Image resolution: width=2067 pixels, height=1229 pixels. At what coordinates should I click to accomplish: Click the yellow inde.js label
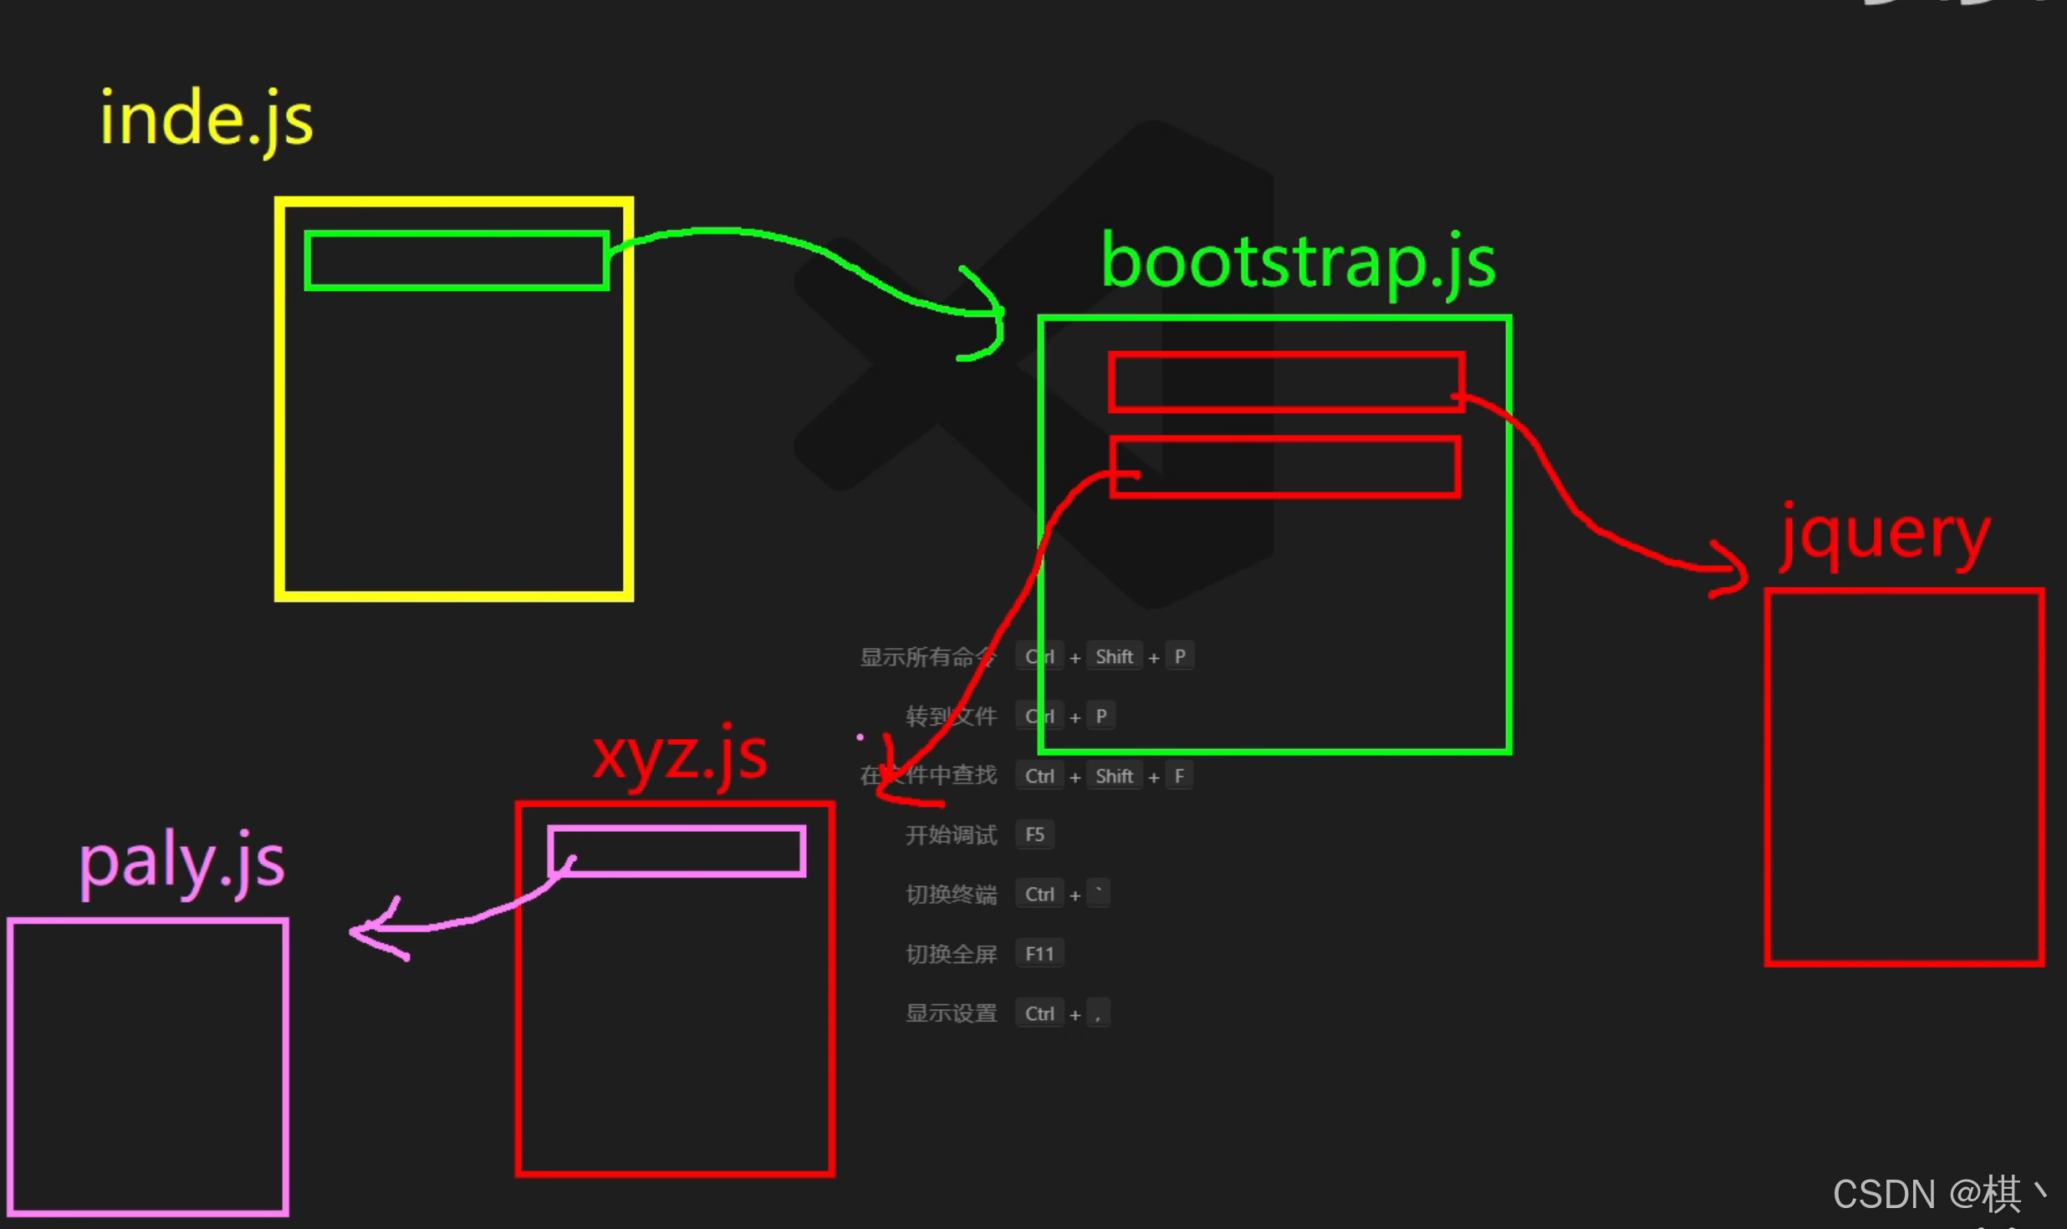click(x=207, y=120)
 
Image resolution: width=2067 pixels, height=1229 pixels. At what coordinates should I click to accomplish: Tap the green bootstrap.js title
click(x=1298, y=262)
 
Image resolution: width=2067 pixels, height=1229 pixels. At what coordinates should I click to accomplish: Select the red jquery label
click(x=1885, y=536)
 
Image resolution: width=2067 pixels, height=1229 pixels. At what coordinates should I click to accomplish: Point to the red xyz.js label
click(x=679, y=756)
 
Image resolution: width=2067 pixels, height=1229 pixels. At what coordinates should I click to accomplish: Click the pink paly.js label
click(x=181, y=863)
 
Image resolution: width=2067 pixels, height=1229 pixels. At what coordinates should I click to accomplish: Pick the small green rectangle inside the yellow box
click(x=457, y=261)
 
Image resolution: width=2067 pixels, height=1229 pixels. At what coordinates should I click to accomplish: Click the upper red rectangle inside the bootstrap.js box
click(x=1286, y=382)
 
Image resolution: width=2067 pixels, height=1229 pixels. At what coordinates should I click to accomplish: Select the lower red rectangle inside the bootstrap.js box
click(x=1286, y=467)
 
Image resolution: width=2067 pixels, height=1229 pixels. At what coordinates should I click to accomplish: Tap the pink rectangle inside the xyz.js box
click(x=677, y=851)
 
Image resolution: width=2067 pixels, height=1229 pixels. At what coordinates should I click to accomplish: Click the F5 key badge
click(x=1034, y=834)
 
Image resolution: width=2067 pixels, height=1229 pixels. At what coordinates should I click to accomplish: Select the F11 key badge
click(x=1039, y=954)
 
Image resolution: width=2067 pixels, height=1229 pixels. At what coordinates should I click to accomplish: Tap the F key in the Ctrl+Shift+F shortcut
click(x=1179, y=776)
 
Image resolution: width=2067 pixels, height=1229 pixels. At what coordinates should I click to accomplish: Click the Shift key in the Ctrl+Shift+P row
click(x=1114, y=657)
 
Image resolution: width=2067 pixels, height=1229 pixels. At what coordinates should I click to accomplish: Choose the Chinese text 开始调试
click(x=951, y=835)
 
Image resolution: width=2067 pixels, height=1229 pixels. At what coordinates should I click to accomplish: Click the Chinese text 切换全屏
click(x=951, y=954)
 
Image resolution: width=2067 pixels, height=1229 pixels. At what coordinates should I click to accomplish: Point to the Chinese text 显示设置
click(x=951, y=1013)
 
